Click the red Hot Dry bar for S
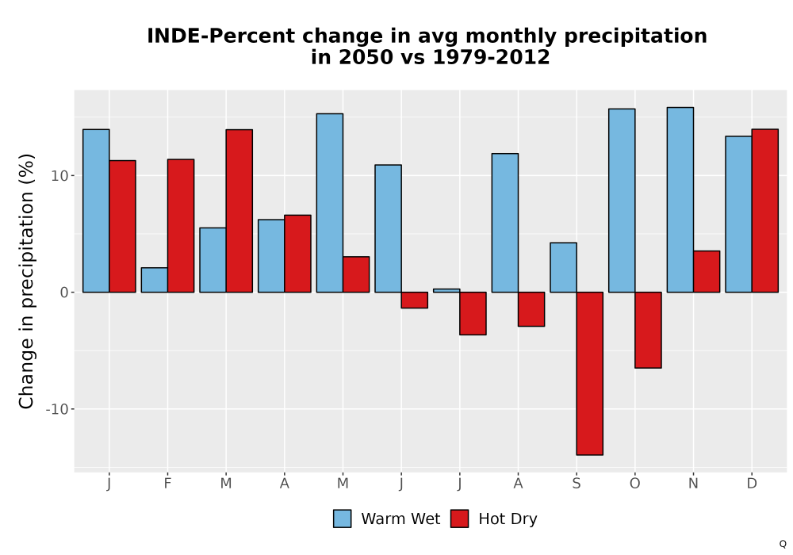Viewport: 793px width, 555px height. click(590, 373)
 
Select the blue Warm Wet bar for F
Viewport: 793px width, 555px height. click(155, 280)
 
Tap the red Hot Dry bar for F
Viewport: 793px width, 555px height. click(181, 226)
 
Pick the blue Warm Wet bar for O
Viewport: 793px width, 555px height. click(622, 201)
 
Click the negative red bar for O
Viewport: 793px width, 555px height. click(648, 330)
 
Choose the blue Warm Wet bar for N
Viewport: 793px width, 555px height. click(680, 200)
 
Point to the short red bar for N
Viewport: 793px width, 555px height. click(707, 271)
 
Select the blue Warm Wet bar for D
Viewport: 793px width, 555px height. click(738, 214)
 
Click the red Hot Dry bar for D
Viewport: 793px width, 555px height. click(764, 211)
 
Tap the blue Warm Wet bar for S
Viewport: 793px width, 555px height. click(563, 267)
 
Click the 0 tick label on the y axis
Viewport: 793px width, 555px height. click(63, 292)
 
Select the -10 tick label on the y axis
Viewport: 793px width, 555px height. click(56, 409)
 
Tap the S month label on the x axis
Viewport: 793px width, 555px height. click(577, 484)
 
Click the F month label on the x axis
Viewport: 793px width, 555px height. click(167, 484)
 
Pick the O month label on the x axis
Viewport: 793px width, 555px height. click(634, 484)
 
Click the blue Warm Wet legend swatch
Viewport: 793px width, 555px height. click(343, 519)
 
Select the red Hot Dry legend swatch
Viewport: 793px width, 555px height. click(459, 519)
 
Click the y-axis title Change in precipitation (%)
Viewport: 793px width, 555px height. click(26, 281)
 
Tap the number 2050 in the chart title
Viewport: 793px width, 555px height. click(365, 57)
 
